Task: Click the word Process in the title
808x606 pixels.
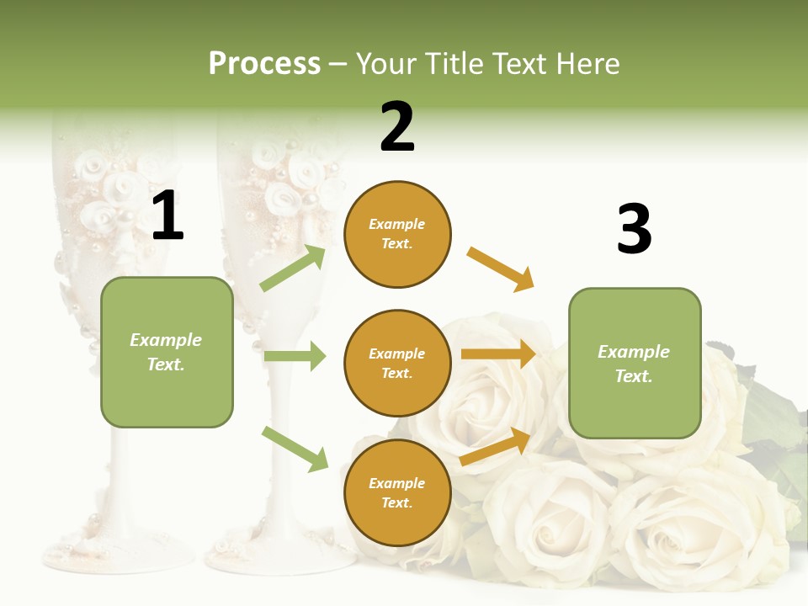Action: (x=264, y=64)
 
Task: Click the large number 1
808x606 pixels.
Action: (x=167, y=216)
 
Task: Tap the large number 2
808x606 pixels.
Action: (x=397, y=127)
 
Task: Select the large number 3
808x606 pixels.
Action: (x=634, y=229)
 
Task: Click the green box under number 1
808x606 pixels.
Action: (x=167, y=352)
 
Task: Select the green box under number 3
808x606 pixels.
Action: (x=635, y=363)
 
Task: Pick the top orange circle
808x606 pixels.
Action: (x=397, y=234)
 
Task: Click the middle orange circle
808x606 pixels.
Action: (x=397, y=363)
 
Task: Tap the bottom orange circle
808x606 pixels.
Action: (x=397, y=492)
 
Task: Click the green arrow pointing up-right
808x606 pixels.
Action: (x=293, y=268)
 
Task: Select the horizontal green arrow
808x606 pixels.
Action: (x=295, y=356)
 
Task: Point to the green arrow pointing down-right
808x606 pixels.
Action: (x=295, y=449)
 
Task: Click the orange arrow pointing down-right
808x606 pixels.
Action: (x=501, y=269)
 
